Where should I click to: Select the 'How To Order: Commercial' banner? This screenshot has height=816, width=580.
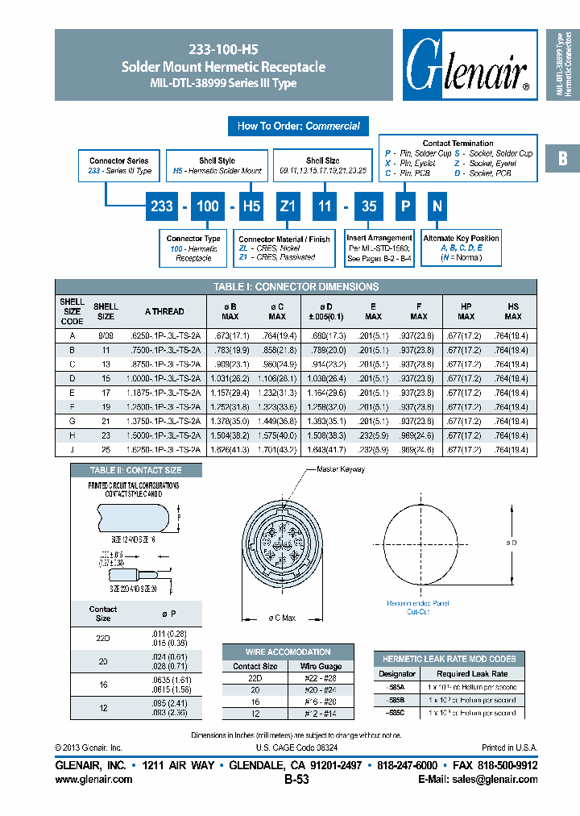point(299,126)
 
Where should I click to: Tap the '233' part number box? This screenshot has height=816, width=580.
point(162,206)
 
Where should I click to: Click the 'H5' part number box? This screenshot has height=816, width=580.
point(251,206)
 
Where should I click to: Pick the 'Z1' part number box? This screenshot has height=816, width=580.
point(288,206)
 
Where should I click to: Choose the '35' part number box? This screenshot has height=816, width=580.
point(369,206)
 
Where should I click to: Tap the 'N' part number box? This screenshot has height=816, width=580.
point(437,206)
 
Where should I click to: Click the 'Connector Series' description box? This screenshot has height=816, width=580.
point(119,166)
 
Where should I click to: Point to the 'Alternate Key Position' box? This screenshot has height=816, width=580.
point(461,248)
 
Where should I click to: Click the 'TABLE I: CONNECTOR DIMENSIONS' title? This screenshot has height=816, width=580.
point(296,286)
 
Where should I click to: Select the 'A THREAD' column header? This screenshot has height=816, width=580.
point(164,311)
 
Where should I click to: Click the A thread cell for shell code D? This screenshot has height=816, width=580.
point(164,378)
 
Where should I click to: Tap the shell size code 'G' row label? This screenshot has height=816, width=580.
point(72,421)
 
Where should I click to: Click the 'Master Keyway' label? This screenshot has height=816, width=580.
point(340,469)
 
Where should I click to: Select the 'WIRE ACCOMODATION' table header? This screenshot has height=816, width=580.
point(288,652)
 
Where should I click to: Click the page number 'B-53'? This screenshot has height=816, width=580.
point(296,780)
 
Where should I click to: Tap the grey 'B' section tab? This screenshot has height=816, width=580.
point(562,159)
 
